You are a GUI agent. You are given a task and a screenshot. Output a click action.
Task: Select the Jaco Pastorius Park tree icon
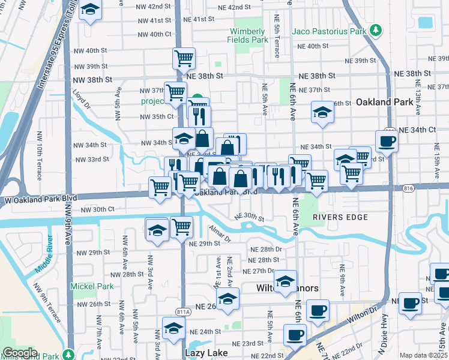[x=376, y=30]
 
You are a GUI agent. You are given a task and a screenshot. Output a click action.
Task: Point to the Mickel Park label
[x=91, y=286]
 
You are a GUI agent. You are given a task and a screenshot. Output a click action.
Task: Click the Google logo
[x=20, y=353]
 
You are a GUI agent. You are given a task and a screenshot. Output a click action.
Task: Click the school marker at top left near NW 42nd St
[x=90, y=10]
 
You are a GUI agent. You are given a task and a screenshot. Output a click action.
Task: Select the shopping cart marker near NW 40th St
[x=184, y=59]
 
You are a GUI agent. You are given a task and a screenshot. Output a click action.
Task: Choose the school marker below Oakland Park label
[x=322, y=112]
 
